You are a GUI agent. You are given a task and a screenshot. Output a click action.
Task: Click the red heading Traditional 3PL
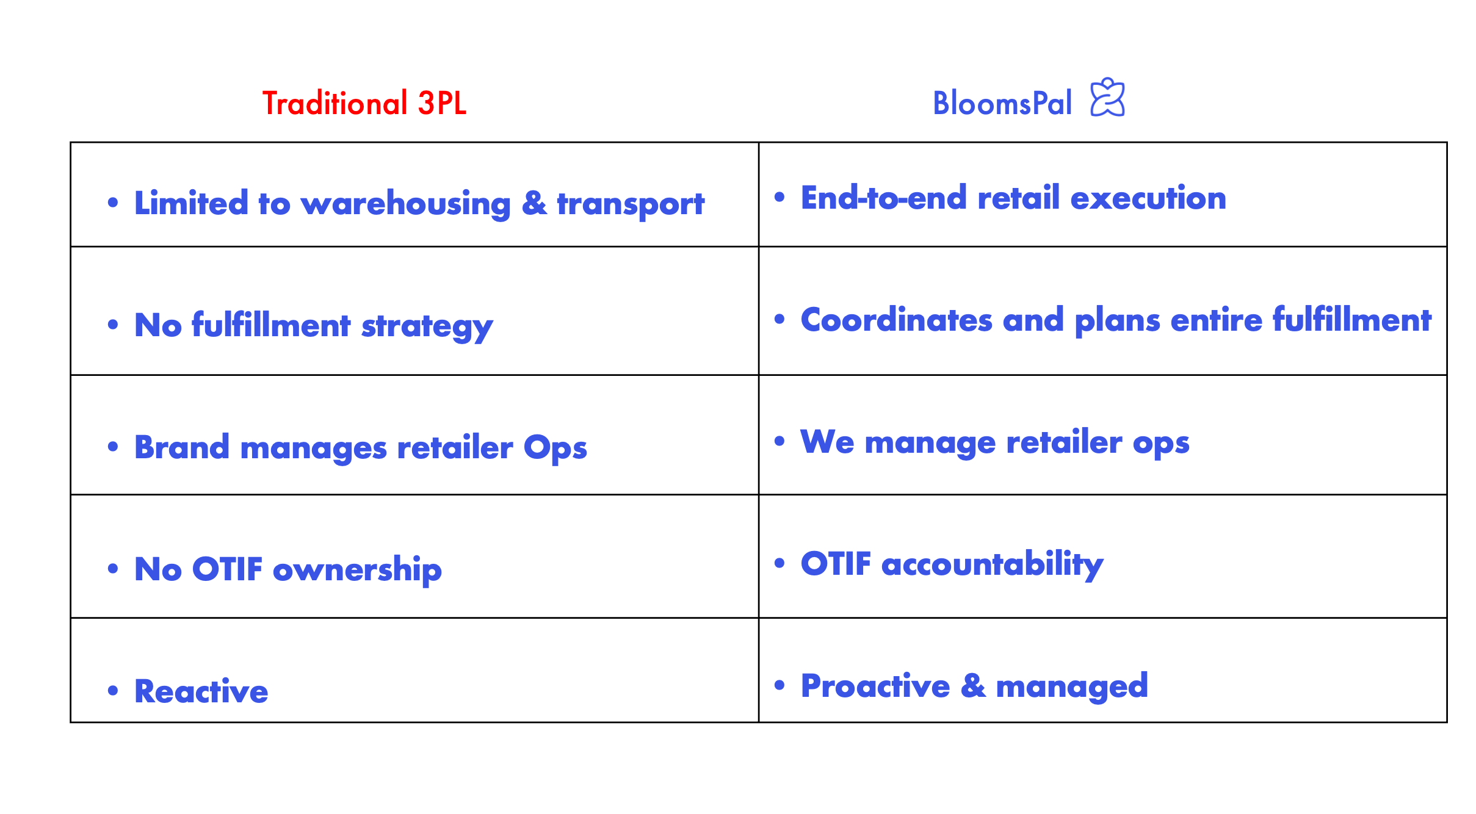click(x=364, y=103)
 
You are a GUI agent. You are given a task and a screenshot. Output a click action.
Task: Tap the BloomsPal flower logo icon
click(x=1107, y=97)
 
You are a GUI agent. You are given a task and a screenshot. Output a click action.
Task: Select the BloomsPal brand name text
click(x=1002, y=103)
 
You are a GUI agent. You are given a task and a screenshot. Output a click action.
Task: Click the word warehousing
click(x=406, y=204)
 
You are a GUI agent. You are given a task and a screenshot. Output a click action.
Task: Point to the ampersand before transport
click(x=534, y=203)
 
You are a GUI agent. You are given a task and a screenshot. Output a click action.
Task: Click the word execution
click(x=1148, y=198)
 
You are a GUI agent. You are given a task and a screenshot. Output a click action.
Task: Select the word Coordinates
click(x=897, y=320)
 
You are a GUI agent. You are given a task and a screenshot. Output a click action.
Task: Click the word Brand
click(x=182, y=447)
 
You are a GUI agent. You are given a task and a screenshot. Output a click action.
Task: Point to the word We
click(x=827, y=442)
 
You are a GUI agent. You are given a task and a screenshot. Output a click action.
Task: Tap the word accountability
click(x=993, y=564)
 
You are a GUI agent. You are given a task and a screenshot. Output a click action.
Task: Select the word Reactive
click(x=201, y=691)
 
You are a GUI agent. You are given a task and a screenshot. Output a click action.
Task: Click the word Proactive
click(x=875, y=686)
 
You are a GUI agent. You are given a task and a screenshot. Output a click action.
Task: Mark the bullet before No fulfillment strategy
click(x=113, y=325)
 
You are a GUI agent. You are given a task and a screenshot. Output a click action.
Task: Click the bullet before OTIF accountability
click(x=780, y=563)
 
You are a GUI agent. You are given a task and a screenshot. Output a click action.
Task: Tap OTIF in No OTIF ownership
click(x=227, y=569)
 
